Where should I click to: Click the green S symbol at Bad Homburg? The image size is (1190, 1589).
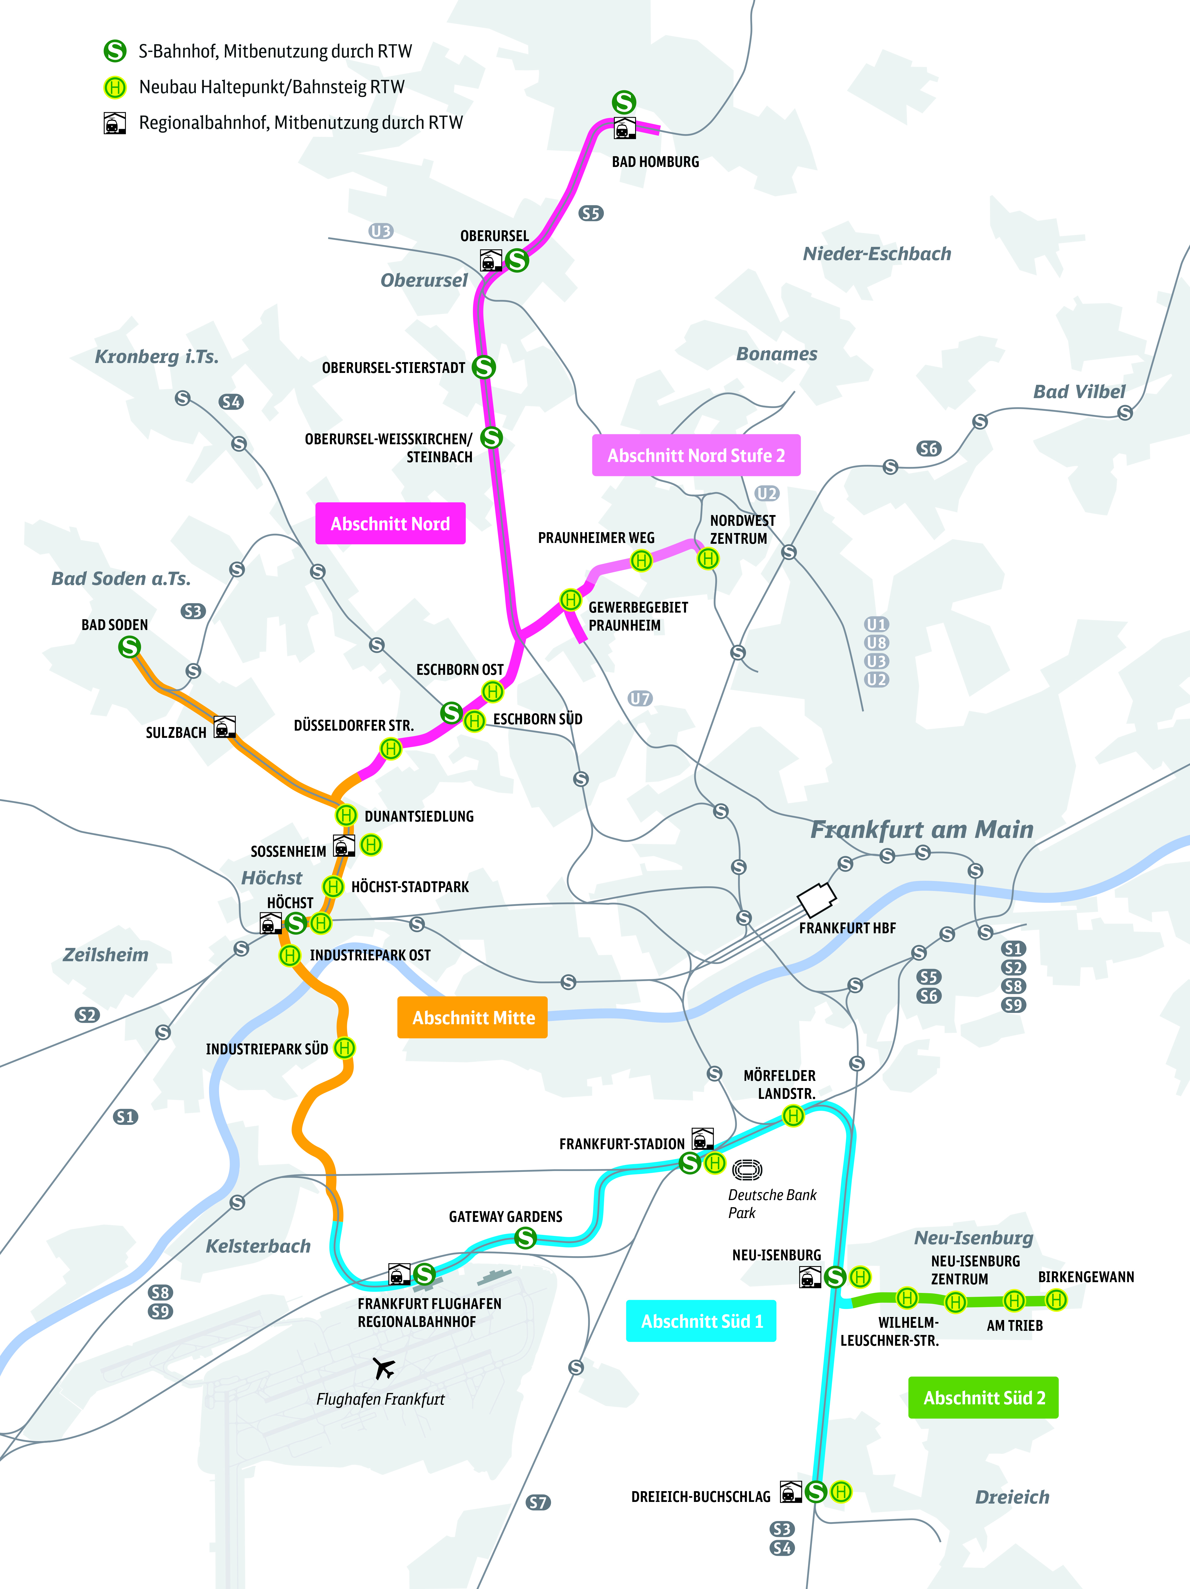pos(624,102)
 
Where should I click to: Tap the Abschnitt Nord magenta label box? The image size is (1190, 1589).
pos(390,524)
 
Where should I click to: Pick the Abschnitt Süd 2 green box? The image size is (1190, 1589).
pos(983,1397)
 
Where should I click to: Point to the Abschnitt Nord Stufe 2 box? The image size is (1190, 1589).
pos(696,455)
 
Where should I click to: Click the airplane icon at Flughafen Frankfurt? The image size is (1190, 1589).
pos(384,1368)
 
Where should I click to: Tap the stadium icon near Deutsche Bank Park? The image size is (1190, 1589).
pos(747,1170)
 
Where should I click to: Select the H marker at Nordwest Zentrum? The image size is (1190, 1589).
pos(708,558)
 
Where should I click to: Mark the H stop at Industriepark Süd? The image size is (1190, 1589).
pos(345,1048)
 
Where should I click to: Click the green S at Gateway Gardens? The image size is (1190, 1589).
pos(525,1238)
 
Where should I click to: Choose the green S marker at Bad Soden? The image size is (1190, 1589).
pos(129,647)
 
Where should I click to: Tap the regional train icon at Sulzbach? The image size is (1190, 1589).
pos(225,727)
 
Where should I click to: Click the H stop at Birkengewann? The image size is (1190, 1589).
pos(1056,1300)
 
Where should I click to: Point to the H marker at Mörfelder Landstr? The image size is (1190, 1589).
pos(793,1116)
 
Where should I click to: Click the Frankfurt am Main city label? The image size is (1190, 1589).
pos(922,830)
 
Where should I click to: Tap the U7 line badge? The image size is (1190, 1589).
pos(640,698)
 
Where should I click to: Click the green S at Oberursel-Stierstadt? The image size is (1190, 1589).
pos(484,367)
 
